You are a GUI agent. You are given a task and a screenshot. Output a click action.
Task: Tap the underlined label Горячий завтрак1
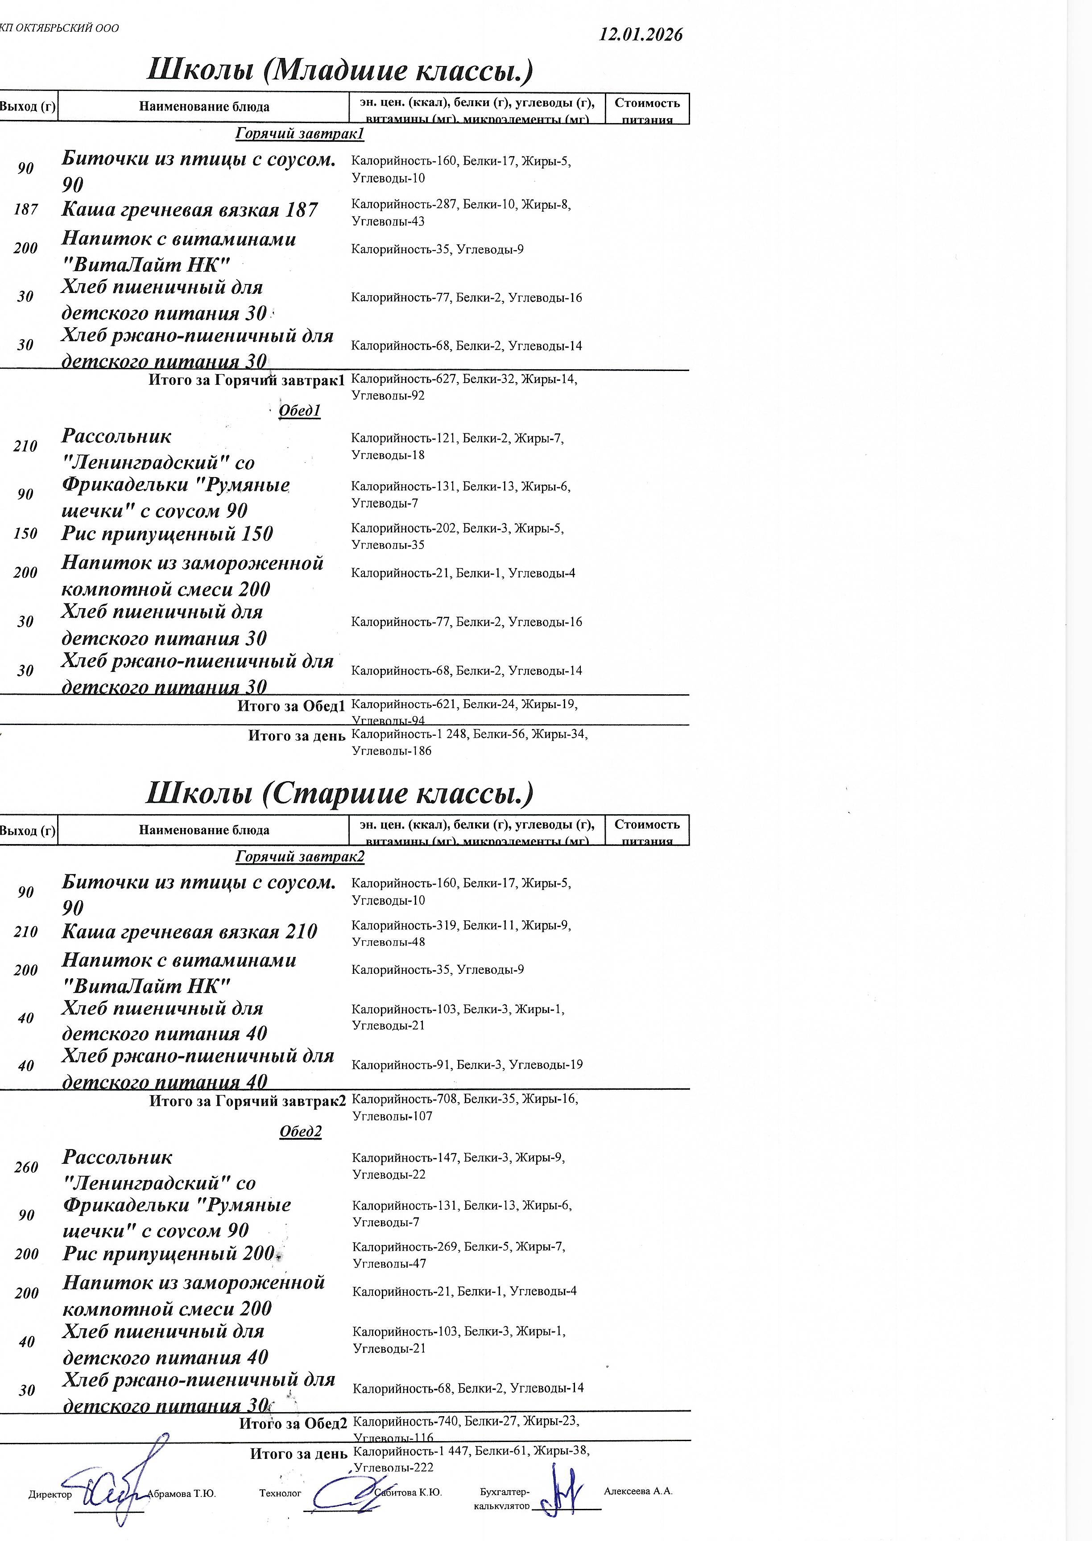coord(299,134)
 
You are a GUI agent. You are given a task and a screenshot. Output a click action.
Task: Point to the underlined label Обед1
coord(299,411)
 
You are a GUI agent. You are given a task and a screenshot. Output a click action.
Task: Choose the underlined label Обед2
coord(301,1132)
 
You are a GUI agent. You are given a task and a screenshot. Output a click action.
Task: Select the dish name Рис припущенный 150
coord(167,534)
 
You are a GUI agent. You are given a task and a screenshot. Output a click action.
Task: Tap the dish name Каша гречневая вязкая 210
coord(189,931)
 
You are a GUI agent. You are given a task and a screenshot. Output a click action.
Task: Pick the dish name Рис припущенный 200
coord(168,1253)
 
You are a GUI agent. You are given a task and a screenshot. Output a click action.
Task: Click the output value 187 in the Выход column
coord(25,210)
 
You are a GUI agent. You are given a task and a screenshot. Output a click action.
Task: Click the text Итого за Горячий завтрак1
coord(246,380)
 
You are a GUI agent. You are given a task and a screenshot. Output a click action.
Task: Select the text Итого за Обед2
coord(293,1423)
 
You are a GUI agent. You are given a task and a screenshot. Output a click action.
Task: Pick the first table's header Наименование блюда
coord(204,107)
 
